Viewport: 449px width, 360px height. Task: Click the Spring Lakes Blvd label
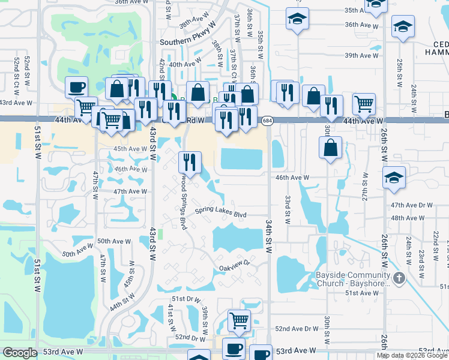[220, 213]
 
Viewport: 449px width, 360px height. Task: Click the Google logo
[20, 353]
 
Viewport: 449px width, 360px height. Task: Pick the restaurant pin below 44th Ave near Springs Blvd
[190, 163]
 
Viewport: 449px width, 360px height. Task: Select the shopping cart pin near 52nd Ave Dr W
[239, 320]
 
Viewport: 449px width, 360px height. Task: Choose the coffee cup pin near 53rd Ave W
[234, 349]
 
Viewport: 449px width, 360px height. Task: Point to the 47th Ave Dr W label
[411, 205]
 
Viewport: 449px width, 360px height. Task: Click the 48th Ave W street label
[406, 218]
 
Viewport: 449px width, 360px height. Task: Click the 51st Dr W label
[185, 298]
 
